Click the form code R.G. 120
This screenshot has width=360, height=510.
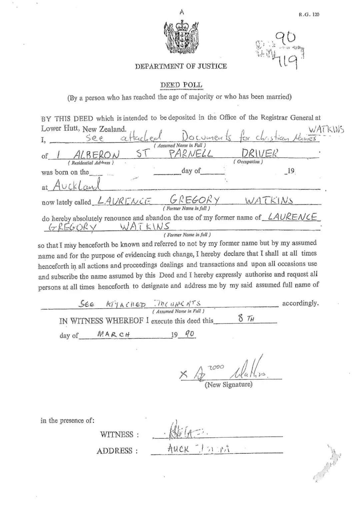309,14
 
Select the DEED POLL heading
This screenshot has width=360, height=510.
181,85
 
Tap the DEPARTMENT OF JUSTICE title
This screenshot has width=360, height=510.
181,66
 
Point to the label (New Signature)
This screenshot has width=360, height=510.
228,385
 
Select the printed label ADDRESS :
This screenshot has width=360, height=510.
117,451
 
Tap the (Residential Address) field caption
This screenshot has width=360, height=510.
91,163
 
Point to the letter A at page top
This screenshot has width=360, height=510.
182,12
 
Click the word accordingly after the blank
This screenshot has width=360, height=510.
300,303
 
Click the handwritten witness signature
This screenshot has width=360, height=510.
183,432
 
